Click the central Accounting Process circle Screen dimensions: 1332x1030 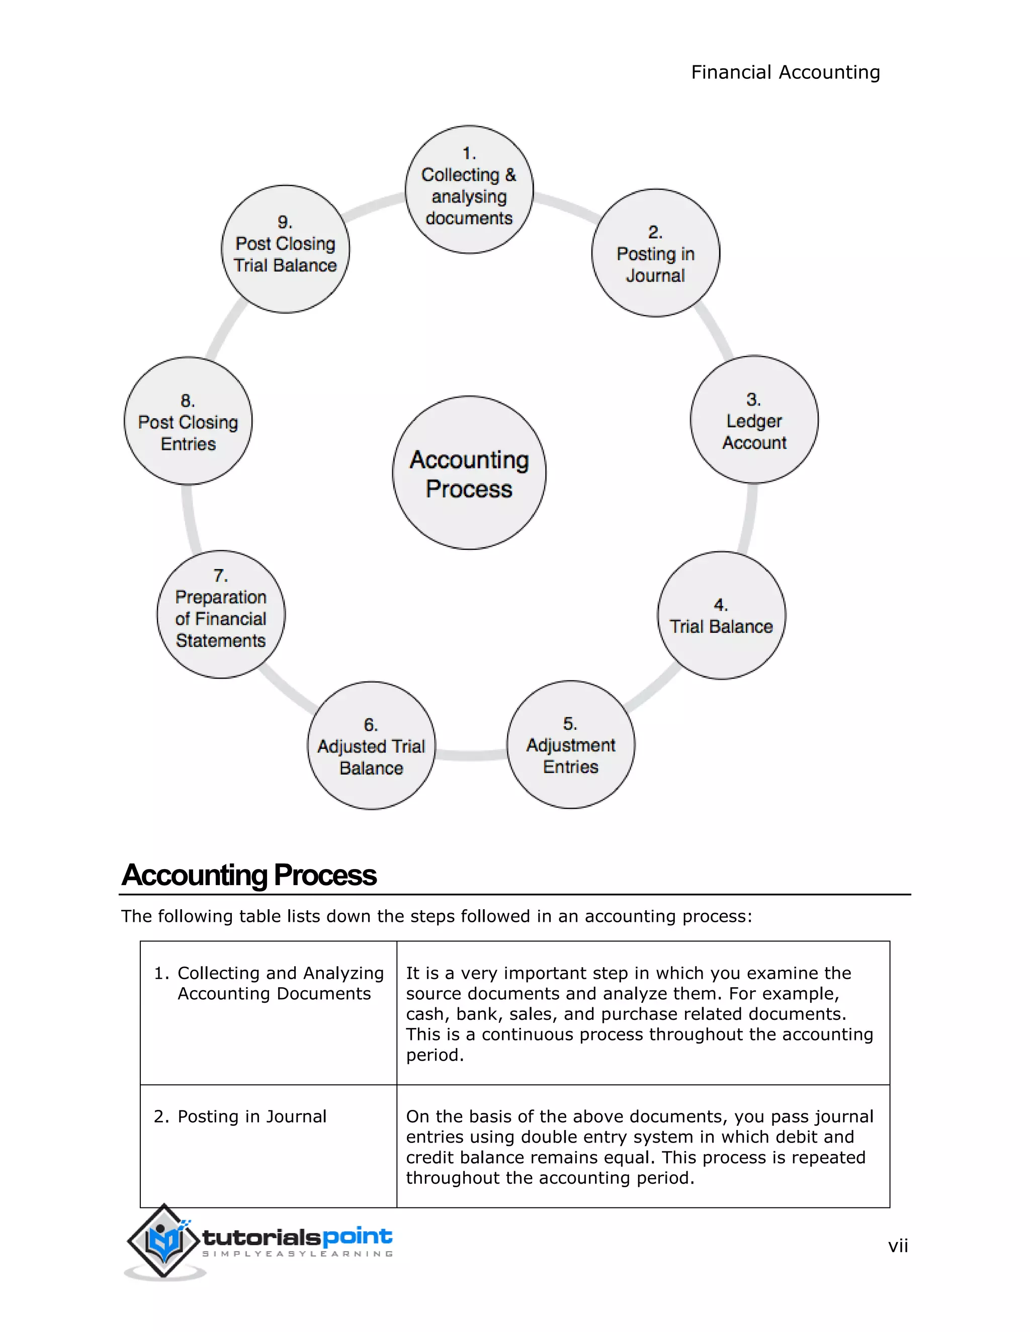click(x=469, y=472)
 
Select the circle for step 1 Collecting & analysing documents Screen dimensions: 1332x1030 click(x=469, y=189)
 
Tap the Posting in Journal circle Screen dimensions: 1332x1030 click(x=655, y=253)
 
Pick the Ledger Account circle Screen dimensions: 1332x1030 click(x=754, y=420)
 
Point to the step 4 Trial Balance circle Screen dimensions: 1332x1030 click(x=721, y=615)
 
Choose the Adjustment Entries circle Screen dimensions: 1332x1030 click(x=570, y=745)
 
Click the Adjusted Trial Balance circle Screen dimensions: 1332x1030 click(x=371, y=745)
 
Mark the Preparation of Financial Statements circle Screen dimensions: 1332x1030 click(x=221, y=614)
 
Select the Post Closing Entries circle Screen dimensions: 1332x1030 click(x=188, y=421)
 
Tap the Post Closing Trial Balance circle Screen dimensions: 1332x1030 click(x=285, y=249)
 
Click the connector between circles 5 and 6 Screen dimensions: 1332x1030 click(x=470, y=755)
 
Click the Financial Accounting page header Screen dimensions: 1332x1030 click(x=785, y=72)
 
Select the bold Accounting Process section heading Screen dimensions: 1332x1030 click(x=249, y=875)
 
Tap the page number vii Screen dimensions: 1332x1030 click(x=898, y=1246)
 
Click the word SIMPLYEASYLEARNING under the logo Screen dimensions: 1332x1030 click(x=298, y=1254)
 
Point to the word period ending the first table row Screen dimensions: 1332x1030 click(x=435, y=1055)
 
